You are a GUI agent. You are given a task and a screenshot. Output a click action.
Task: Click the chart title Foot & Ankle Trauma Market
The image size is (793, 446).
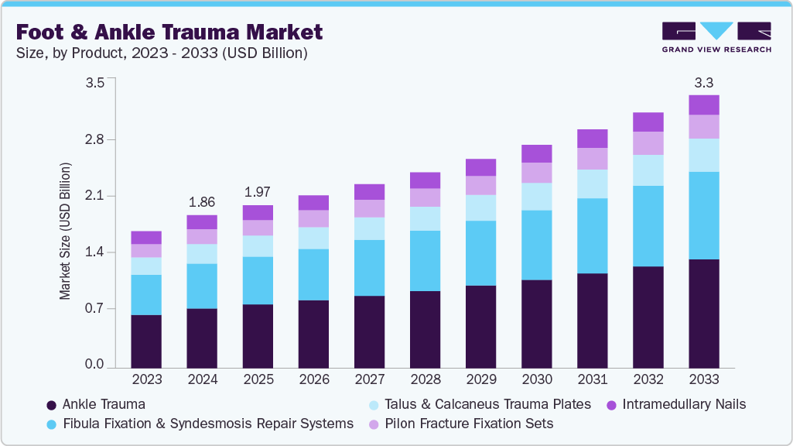tap(169, 32)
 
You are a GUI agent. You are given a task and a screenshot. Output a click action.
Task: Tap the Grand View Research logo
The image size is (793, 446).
tap(716, 37)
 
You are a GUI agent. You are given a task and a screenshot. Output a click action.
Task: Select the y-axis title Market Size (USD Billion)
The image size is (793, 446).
tap(65, 232)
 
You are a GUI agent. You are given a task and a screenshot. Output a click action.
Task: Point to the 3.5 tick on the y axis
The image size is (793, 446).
tap(94, 84)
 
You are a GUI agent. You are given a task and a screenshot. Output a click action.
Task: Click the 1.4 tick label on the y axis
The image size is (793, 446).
tap(94, 252)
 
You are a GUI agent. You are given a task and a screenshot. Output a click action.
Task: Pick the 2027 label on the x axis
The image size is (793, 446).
tap(369, 380)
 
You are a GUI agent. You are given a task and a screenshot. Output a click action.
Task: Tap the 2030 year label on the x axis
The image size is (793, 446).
tap(536, 380)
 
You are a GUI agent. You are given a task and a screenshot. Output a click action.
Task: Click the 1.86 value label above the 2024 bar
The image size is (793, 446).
tap(202, 201)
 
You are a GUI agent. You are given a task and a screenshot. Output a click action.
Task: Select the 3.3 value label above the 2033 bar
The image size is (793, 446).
tap(703, 81)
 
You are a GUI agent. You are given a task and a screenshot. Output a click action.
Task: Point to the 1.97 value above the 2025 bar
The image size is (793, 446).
tap(258, 191)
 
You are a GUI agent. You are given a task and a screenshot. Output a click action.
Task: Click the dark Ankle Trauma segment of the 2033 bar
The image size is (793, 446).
tap(703, 313)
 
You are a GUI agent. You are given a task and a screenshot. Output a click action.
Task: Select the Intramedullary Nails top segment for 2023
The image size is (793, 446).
tap(146, 238)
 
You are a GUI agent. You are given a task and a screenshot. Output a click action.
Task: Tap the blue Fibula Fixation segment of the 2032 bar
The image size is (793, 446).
tap(648, 226)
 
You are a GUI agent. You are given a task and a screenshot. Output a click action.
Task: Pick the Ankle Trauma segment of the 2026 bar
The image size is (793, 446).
tap(313, 333)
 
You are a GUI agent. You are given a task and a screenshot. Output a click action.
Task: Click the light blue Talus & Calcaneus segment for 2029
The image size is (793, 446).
tap(480, 208)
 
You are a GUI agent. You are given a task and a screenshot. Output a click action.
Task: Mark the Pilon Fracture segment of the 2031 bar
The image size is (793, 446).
tap(592, 159)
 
